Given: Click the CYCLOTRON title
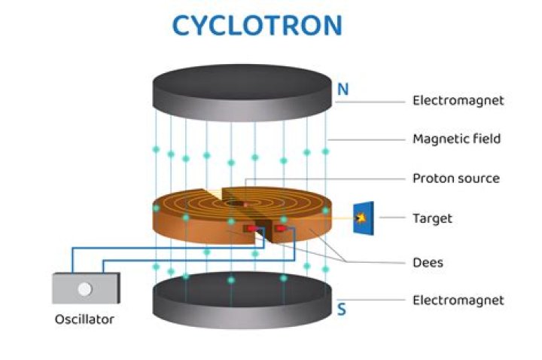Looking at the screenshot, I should click(257, 24).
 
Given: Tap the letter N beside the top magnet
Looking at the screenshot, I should click(343, 90).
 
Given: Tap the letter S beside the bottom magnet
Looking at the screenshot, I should click(342, 308).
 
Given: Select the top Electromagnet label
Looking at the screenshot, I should click(458, 99).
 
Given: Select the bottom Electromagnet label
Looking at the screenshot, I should click(458, 300).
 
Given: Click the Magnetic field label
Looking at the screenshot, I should click(456, 139).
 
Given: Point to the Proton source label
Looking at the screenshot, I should click(455, 178).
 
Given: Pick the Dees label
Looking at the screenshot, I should click(428, 262).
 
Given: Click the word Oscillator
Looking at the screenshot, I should click(84, 319).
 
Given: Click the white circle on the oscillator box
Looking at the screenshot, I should click(85, 288).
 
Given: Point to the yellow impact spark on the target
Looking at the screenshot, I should click(361, 218).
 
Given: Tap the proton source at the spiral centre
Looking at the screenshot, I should click(245, 204).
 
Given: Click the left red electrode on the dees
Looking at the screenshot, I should click(248, 228).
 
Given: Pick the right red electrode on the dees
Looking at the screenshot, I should click(279, 228).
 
